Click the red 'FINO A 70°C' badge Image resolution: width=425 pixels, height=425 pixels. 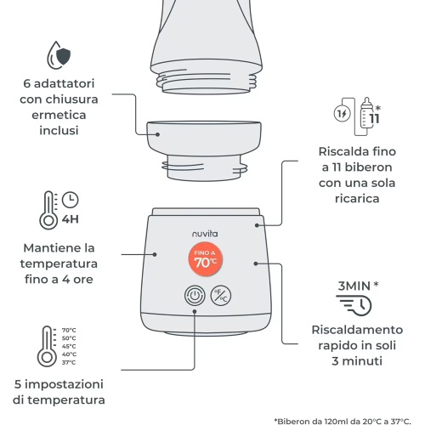point(205,259)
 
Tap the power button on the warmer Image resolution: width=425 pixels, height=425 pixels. point(195,296)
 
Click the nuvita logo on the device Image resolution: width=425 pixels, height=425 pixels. point(205,234)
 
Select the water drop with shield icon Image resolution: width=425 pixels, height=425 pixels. point(59,55)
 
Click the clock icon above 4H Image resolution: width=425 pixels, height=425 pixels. point(71,200)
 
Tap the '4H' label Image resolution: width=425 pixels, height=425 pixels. point(71,219)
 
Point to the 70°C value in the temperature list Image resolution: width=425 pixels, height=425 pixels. point(69,330)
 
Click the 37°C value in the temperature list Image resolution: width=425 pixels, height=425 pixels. point(69,362)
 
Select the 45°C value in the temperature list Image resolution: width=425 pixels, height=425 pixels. point(69,346)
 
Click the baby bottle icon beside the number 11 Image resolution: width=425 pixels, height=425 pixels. point(366,113)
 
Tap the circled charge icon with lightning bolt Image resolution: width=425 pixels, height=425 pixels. point(342,114)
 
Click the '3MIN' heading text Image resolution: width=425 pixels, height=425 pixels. point(354,286)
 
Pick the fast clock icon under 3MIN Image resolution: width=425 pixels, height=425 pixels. point(354,305)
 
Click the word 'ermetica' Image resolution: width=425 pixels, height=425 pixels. point(59,115)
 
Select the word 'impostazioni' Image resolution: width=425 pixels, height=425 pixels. point(64,384)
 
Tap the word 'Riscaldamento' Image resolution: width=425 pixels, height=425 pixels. point(357,330)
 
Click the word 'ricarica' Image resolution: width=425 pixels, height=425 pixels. point(357,199)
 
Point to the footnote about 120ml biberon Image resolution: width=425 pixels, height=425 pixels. point(343,422)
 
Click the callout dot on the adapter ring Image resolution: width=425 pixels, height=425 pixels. point(157,134)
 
